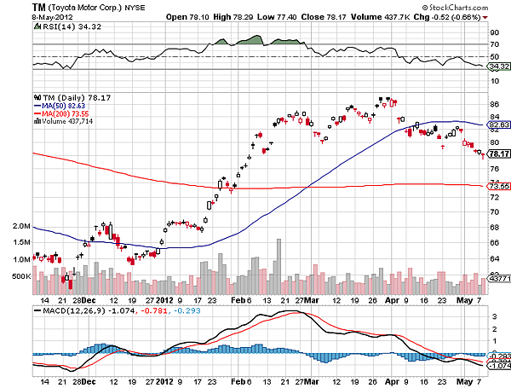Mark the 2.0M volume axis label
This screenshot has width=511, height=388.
(x=22, y=227)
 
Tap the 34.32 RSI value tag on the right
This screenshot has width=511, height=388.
(x=497, y=66)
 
